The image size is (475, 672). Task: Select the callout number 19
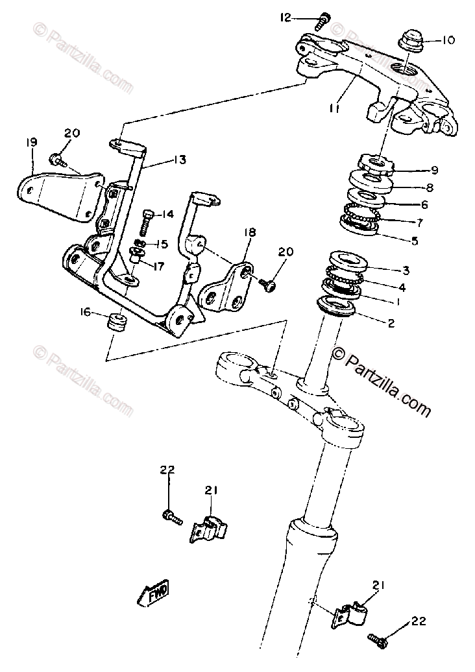coord(30,142)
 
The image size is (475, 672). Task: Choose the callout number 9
coord(433,171)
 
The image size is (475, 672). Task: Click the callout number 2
coord(390,322)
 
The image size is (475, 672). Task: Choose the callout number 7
coord(420,222)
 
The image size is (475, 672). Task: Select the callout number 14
coord(168,215)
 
